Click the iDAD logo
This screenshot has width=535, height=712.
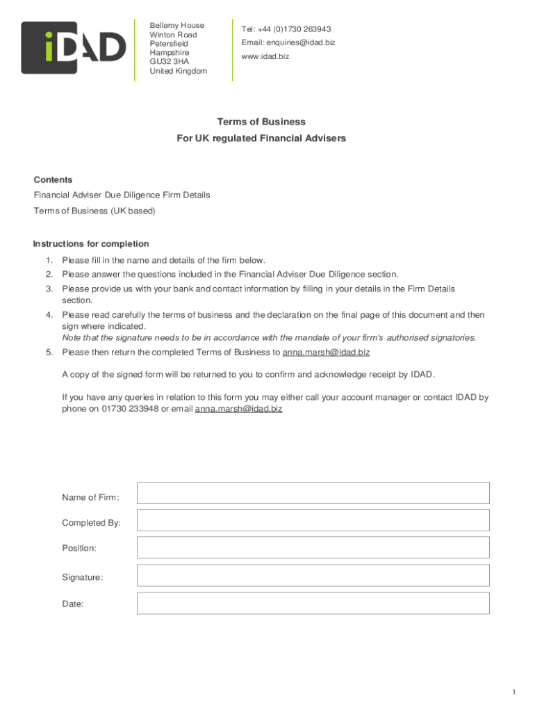pos(74,48)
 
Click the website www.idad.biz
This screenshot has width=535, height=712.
pos(265,56)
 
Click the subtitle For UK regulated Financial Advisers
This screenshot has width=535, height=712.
pos(261,138)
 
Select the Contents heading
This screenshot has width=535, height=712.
pos(53,179)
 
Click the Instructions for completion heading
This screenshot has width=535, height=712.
pos(91,244)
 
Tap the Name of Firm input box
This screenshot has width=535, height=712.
pos(313,493)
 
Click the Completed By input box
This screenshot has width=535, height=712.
pos(313,520)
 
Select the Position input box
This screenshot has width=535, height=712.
pos(313,547)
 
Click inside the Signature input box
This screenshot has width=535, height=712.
pos(313,575)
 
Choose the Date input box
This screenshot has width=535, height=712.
pos(313,603)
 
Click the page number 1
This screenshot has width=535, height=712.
pos(513,692)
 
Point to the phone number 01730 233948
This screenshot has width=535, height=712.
pos(130,409)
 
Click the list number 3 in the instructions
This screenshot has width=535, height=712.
pos(49,289)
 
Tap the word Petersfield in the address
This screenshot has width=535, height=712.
pos(169,44)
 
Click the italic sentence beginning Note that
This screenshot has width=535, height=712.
pos(269,338)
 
